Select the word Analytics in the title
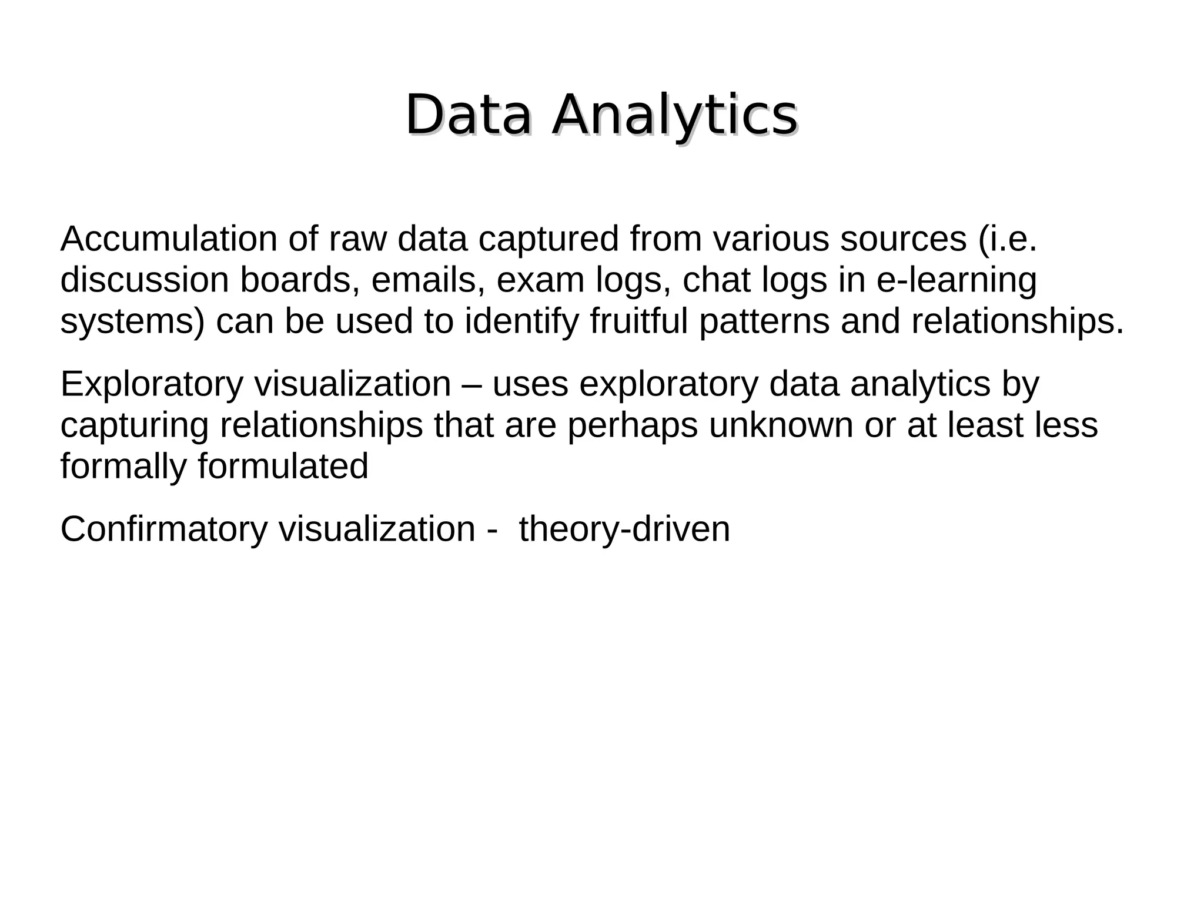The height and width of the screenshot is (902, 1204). point(674,116)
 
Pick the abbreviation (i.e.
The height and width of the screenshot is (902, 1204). point(1008,239)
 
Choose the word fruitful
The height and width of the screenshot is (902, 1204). point(638,322)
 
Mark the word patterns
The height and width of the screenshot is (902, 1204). point(764,323)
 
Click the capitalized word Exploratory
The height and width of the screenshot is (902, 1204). point(152,385)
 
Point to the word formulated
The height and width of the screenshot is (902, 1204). point(283,467)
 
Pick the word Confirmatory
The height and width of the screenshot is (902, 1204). point(164,529)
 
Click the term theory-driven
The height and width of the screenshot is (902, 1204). point(624,529)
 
